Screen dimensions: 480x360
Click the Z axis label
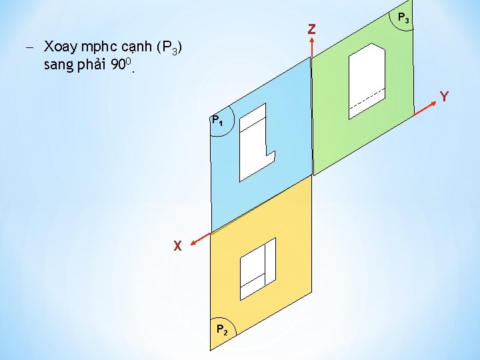click(311, 29)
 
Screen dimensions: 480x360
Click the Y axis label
click(444, 97)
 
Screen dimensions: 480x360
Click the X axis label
click(177, 246)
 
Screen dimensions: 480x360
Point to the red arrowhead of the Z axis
click(311, 41)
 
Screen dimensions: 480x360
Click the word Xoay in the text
click(61, 47)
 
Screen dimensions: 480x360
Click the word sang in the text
click(59, 66)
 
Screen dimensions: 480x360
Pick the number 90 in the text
click(121, 65)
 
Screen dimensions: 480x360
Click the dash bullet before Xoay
click(30, 47)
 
